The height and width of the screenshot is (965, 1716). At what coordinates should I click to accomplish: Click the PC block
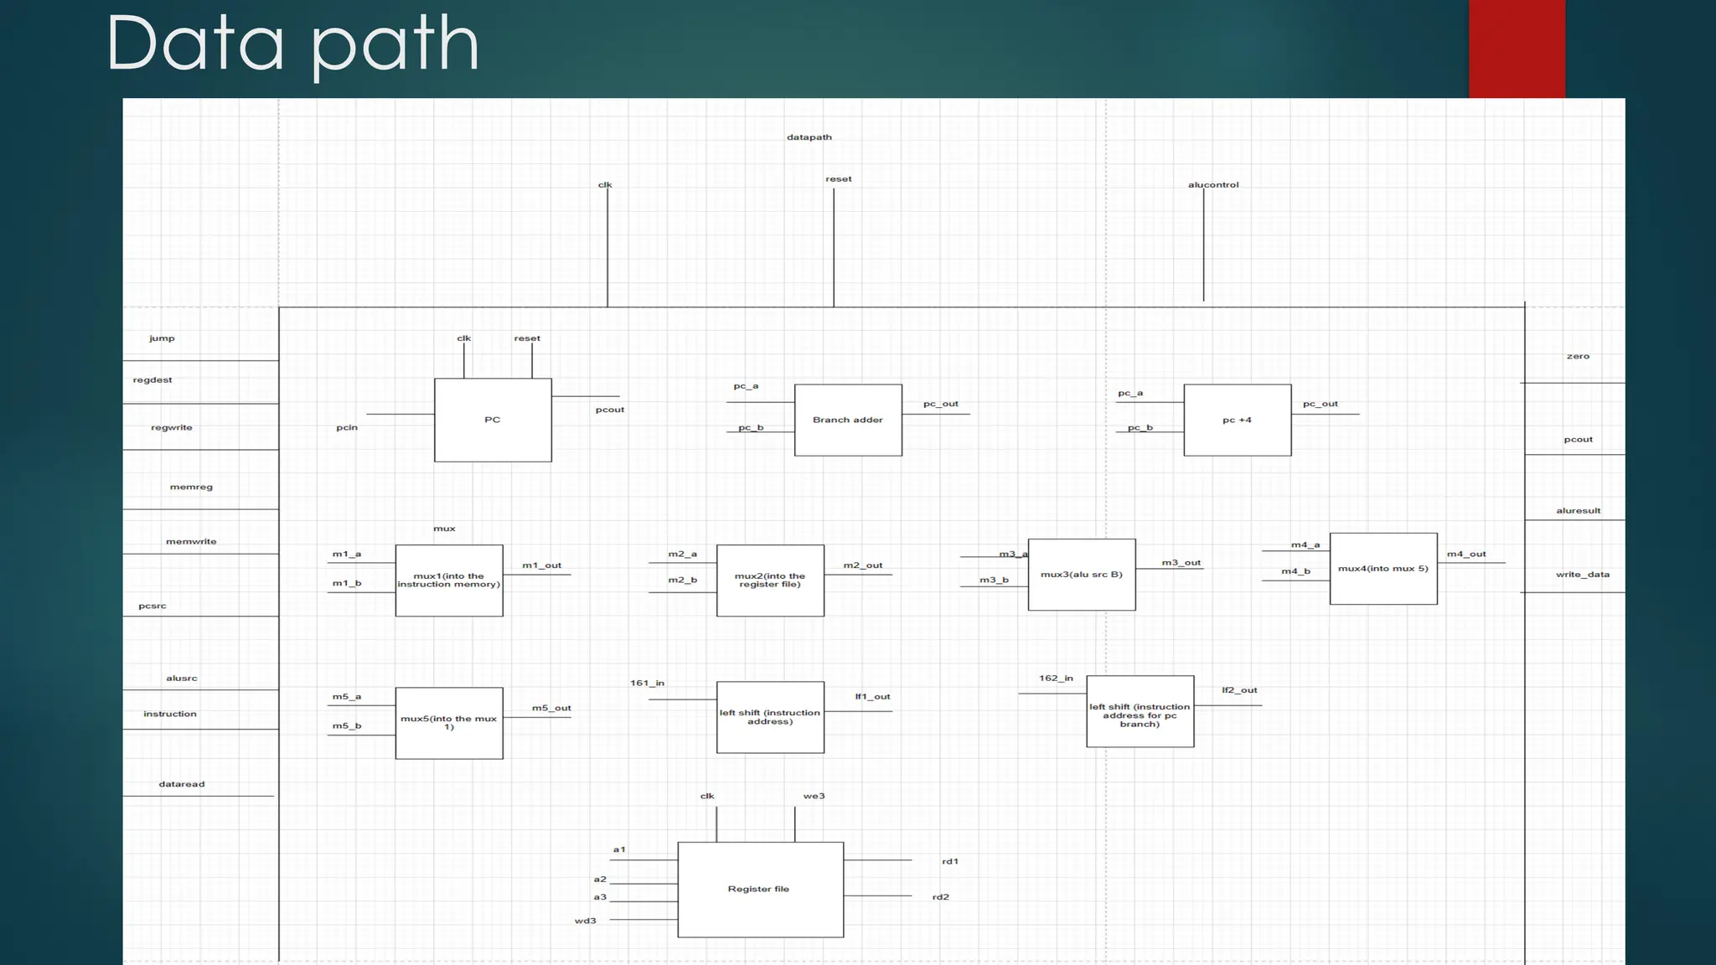[493, 420]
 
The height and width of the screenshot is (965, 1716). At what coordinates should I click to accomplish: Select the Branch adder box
[848, 420]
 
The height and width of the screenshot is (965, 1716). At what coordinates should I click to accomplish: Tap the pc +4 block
[1237, 420]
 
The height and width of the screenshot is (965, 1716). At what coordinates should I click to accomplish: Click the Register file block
[760, 889]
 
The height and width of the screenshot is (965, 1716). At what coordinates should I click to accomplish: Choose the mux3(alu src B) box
[1082, 575]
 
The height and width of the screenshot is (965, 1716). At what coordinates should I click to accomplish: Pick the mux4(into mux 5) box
[1383, 569]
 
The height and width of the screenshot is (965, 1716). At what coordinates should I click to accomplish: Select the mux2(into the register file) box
[770, 580]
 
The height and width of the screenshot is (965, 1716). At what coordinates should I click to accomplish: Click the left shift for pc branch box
[1140, 711]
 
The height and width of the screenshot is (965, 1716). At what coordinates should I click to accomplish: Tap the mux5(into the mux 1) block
[449, 723]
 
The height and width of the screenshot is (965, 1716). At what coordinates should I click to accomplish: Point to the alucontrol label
[1213, 185]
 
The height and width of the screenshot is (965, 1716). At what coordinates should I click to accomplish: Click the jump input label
[162, 338]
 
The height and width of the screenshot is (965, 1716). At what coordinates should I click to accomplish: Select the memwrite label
[191, 542]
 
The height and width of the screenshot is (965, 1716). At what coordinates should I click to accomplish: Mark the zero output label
[1578, 357]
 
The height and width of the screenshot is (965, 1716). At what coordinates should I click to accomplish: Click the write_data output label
[1582, 575]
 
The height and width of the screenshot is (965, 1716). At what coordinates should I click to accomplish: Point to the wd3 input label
[586, 921]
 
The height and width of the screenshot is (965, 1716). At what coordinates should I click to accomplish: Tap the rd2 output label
[941, 897]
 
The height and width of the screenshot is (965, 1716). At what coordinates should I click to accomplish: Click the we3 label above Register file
[814, 796]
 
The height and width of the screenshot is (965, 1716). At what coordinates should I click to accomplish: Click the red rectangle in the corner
[1517, 49]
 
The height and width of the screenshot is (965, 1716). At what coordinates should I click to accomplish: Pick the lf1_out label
[872, 697]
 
